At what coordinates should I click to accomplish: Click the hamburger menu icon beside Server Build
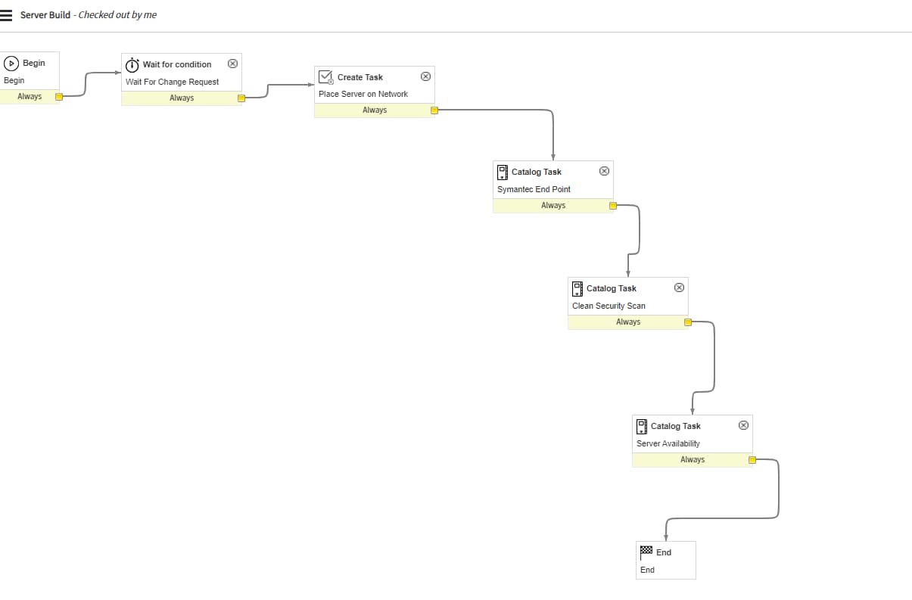(6, 15)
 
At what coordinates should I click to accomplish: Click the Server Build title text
(45, 15)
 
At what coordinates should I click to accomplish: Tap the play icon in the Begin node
(12, 64)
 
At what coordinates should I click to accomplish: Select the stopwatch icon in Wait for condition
(132, 64)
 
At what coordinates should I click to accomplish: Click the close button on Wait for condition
(232, 64)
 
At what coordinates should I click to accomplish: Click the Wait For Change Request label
(172, 82)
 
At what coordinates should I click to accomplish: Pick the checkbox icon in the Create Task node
(326, 77)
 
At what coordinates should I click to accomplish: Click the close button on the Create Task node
(425, 76)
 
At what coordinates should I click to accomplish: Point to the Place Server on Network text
(363, 94)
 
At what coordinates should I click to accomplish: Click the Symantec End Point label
(534, 189)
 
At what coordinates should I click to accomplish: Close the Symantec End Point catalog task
(604, 171)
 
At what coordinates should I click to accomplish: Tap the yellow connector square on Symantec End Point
(613, 205)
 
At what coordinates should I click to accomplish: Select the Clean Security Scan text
(609, 306)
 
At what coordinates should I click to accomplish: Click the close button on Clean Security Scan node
(679, 288)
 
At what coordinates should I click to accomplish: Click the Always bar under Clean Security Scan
(627, 322)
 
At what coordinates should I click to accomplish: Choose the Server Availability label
(668, 443)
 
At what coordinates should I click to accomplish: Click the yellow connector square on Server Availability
(752, 459)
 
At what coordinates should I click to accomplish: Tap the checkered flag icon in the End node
(646, 551)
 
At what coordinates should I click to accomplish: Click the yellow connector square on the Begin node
(59, 96)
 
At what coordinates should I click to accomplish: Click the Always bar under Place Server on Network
(374, 110)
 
